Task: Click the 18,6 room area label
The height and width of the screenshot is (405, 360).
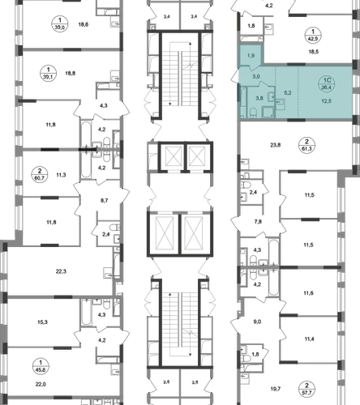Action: [84, 24]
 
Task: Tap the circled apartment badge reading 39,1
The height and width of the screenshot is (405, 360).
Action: [49, 74]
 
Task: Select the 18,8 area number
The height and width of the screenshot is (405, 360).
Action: [71, 73]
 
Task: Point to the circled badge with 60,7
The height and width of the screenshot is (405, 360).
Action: [40, 174]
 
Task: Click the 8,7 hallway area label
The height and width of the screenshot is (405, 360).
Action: [104, 201]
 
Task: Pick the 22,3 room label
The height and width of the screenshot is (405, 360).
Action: [61, 271]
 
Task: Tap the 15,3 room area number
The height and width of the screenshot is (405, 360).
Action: [42, 322]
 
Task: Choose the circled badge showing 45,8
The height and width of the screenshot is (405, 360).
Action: [41, 366]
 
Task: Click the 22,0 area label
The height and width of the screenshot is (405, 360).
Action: [41, 384]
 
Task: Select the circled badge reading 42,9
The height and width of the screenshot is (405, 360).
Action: [313, 35]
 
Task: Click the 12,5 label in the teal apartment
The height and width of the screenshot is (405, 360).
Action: [327, 101]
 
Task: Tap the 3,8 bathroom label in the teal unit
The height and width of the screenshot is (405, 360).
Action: [259, 98]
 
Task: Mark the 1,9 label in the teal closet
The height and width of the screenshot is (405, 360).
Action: [251, 56]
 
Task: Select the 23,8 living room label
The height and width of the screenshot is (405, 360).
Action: [276, 145]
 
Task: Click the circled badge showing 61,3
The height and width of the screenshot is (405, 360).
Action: [306, 145]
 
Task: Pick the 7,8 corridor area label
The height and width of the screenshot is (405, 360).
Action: [258, 222]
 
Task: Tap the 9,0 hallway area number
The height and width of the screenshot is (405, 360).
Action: [257, 322]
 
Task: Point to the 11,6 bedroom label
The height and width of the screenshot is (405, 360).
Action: [308, 293]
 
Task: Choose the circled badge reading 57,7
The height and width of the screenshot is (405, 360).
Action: [306, 389]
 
